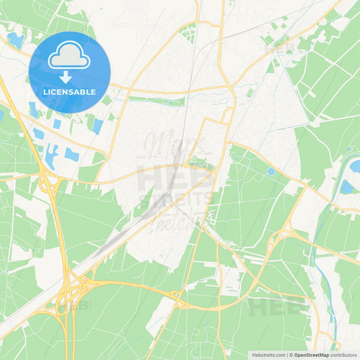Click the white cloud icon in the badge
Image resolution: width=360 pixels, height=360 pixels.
pos(70,54)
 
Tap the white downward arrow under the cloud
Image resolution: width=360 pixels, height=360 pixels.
pos(70,75)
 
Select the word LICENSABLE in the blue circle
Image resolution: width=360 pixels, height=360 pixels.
pos(70,91)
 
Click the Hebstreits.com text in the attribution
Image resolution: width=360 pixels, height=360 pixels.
pos(267,355)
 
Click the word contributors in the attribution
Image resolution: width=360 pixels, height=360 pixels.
pos(343,355)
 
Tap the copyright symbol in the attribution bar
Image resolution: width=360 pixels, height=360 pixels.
pos(291,355)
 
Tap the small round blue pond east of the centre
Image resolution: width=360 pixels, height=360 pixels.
pos(271,172)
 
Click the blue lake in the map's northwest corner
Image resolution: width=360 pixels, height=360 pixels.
pos(15,40)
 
